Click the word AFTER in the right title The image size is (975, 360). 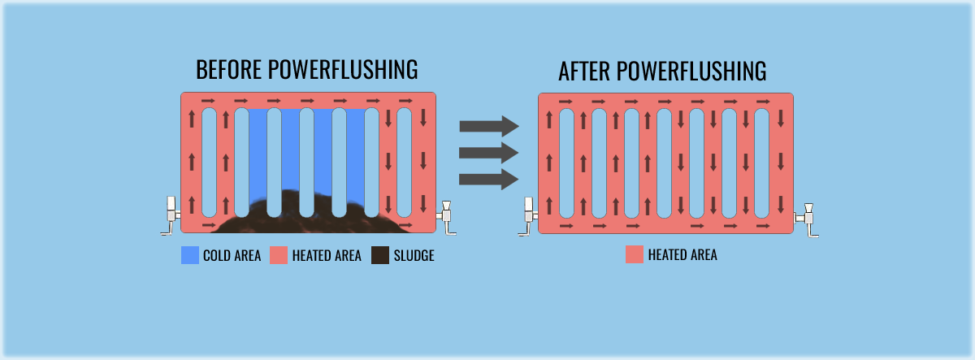[x=585, y=72]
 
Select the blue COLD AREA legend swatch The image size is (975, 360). [x=190, y=255]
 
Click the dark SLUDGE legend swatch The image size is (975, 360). [x=380, y=255]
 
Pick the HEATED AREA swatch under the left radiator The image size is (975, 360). [x=279, y=255]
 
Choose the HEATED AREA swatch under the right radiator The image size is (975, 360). [x=635, y=255]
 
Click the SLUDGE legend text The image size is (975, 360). [x=414, y=256]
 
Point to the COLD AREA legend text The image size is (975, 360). [x=232, y=256]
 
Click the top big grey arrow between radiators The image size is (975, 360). [x=488, y=126]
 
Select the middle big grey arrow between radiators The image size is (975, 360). [x=488, y=152]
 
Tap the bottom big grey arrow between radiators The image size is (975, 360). [x=488, y=178]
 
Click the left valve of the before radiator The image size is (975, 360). [x=171, y=213]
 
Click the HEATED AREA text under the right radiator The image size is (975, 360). [x=682, y=256]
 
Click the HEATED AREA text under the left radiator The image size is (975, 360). [x=325, y=256]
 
